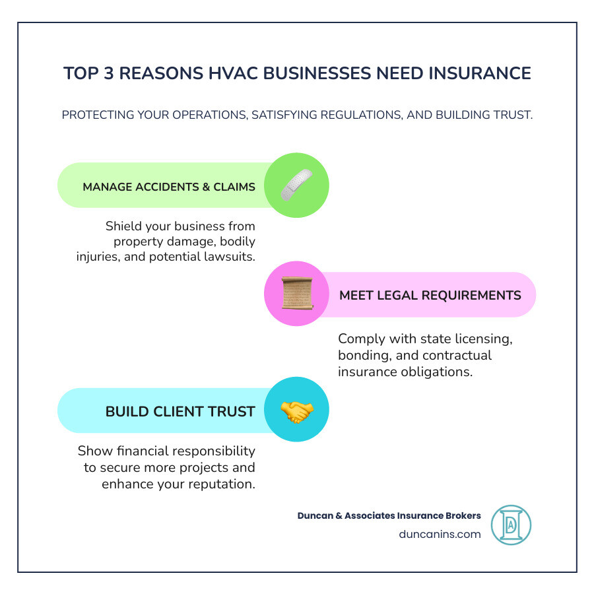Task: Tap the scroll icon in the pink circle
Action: (x=296, y=294)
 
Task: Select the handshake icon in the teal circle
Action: (x=296, y=411)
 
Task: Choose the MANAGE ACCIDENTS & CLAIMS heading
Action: (x=169, y=187)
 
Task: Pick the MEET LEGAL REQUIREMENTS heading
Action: (x=430, y=295)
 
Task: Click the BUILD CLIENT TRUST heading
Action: (x=180, y=412)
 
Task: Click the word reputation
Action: (x=222, y=484)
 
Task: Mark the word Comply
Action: (x=360, y=339)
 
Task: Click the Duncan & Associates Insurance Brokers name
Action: (x=389, y=515)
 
